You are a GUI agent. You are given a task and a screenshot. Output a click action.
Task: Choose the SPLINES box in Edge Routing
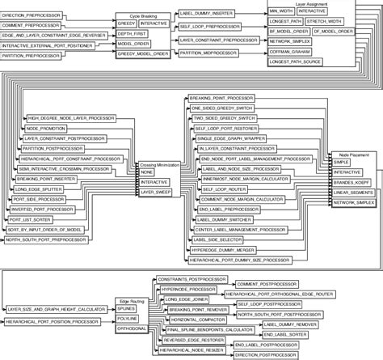127,309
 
